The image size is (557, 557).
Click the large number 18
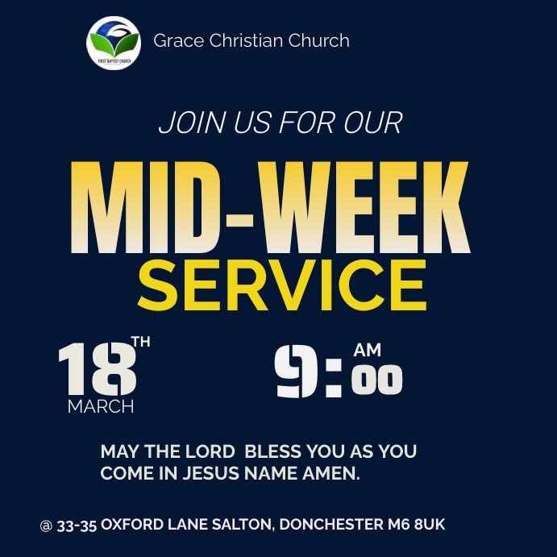[96, 371]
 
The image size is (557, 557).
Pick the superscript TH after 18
[140, 343]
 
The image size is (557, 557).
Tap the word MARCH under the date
[101, 406]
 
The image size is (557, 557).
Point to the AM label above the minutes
[368, 351]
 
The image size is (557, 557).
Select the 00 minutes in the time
[377, 382]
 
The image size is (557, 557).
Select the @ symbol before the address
[46, 526]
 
